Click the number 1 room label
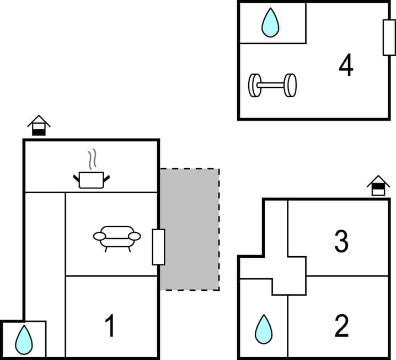110,326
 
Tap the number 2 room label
341,326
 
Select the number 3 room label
341,241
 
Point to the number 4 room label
346,66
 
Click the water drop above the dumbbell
270,23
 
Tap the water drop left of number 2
264,330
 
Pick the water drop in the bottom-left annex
24,339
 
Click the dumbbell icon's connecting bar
272,86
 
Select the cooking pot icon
91,179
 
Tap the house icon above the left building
39,125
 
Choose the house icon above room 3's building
378,186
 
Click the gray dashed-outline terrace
190,229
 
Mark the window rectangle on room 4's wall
389,37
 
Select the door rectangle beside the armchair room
158,246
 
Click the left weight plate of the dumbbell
255,86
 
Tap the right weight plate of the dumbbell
290,85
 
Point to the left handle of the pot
76,177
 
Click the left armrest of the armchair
99,236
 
